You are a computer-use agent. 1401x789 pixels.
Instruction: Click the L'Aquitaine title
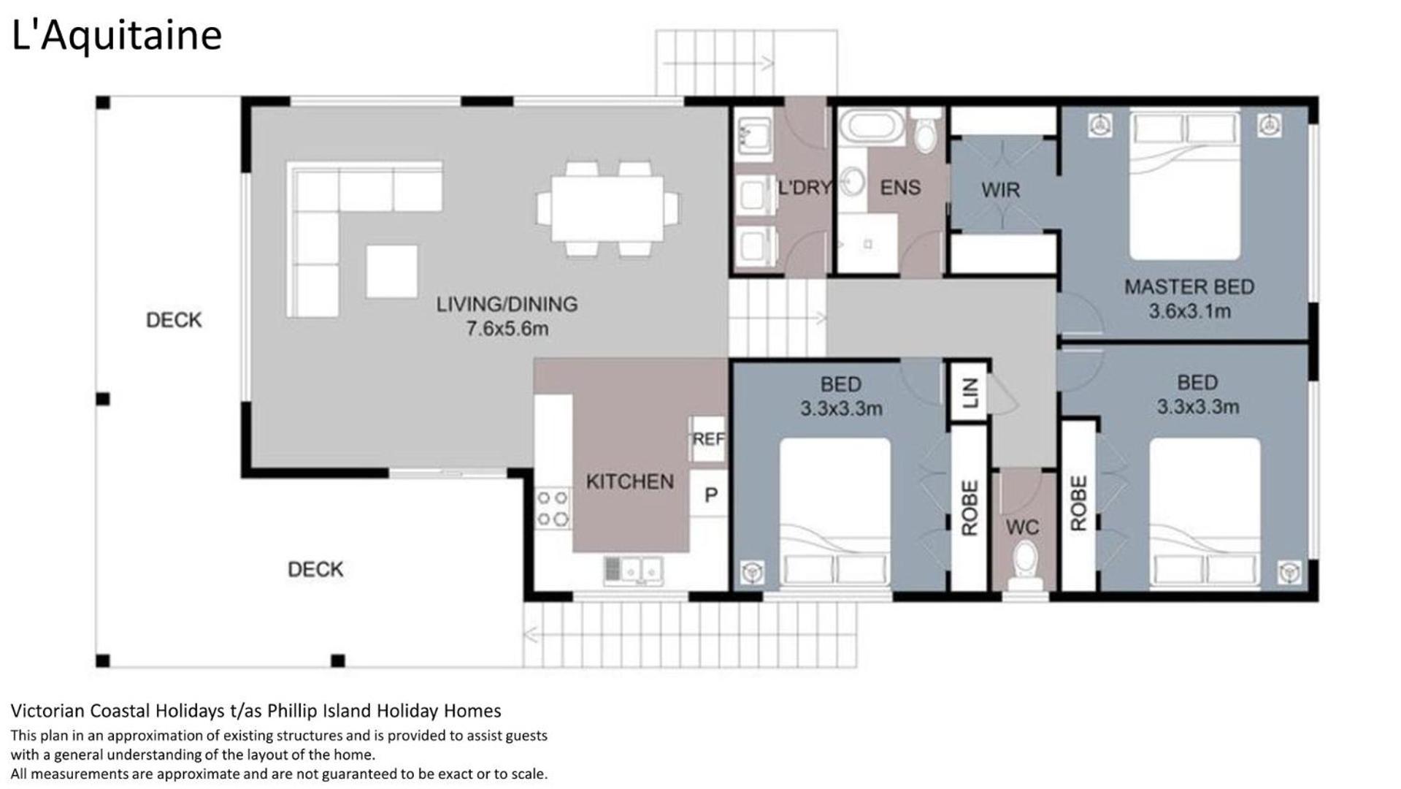[x=117, y=35]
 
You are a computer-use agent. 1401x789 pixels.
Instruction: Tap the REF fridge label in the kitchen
[x=708, y=438]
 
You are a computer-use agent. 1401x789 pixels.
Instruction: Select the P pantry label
[x=710, y=495]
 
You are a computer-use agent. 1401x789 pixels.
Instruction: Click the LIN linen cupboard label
[x=970, y=393]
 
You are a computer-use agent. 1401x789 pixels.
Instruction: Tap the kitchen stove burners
[x=553, y=508]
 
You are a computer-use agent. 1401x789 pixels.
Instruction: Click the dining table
[x=607, y=209]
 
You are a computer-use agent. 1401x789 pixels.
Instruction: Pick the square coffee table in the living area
[x=392, y=271]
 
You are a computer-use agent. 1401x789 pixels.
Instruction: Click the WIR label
[x=1000, y=190]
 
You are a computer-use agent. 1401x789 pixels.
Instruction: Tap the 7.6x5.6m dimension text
[x=507, y=329]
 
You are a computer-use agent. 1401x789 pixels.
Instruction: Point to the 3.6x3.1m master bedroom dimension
[x=1189, y=311]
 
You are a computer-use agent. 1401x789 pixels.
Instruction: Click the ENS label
[x=900, y=188]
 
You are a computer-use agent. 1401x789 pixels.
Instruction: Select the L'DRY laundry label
[x=805, y=188]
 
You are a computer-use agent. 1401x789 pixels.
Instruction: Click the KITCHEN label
[x=630, y=481]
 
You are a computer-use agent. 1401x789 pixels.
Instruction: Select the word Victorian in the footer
[x=48, y=710]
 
